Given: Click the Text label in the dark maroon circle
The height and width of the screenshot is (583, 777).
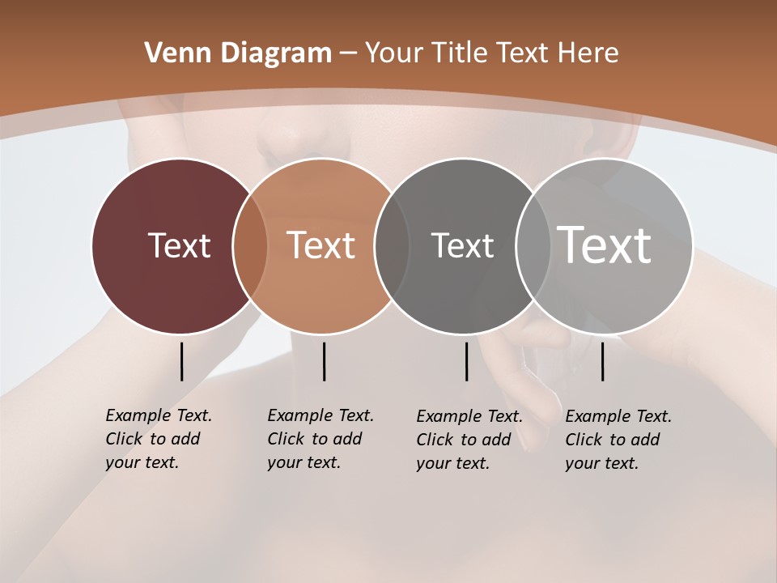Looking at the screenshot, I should (x=179, y=245).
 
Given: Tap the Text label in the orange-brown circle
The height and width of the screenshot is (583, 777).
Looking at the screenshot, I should (x=321, y=245).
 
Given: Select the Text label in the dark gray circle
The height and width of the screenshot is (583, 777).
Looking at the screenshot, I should (x=462, y=245).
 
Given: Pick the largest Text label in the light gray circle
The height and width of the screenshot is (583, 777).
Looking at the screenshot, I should (x=605, y=245).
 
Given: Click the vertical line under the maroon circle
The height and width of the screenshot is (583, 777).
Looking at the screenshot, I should (x=181, y=361).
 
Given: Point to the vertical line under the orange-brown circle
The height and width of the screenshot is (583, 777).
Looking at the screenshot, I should (x=324, y=361).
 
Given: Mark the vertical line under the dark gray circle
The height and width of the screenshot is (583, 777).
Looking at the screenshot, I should (x=466, y=361).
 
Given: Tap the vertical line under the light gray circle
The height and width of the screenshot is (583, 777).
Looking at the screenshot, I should (x=602, y=361).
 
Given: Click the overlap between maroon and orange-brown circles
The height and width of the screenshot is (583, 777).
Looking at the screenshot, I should (x=250, y=246).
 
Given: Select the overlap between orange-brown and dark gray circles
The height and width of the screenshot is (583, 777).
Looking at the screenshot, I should (x=392, y=246).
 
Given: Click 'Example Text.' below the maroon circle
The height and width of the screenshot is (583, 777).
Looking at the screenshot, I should (x=159, y=415).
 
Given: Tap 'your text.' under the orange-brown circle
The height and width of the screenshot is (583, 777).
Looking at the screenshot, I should (x=304, y=462).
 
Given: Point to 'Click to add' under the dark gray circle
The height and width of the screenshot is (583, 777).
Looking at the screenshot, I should (x=464, y=440).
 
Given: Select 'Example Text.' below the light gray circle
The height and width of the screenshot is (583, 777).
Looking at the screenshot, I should (x=618, y=416).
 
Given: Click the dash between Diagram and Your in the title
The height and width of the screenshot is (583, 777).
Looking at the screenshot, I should (x=348, y=53).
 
